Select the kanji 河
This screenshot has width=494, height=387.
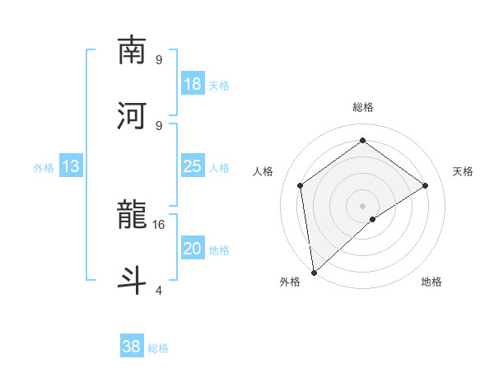tap(133, 114)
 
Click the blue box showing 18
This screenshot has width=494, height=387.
tap(192, 85)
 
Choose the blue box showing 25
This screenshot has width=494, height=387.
tap(192, 167)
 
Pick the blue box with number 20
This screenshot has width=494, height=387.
tap(192, 249)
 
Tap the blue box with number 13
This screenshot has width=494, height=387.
tap(71, 167)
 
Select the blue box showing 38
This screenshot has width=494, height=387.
tap(131, 347)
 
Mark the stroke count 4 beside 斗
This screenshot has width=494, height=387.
tap(158, 290)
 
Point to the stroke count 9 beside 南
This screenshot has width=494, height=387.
tap(158, 59)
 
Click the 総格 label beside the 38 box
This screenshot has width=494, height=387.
tap(158, 348)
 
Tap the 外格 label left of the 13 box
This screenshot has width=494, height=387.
tap(44, 168)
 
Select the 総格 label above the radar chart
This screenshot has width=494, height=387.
tap(362, 107)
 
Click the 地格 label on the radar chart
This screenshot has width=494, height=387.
tap(431, 282)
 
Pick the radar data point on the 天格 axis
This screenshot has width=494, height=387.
tap(426, 185)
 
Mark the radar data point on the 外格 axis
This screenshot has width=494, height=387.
tap(314, 272)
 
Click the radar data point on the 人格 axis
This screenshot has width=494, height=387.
tap(301, 185)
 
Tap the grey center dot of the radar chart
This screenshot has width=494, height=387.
tap(362, 205)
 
